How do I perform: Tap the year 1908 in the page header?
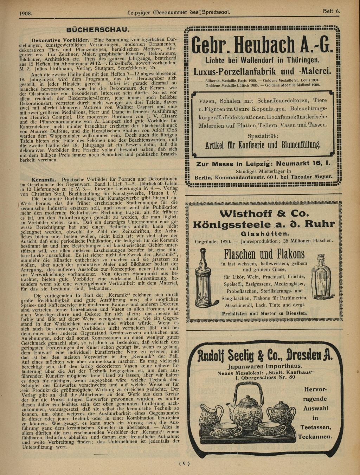click(26, 13)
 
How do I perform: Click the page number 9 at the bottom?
click(185, 463)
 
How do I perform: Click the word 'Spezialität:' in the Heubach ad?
click(263, 136)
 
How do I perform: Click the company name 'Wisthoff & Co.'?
click(264, 213)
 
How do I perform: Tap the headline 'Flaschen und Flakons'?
click(264, 253)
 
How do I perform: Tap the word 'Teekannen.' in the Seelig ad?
click(315, 437)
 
